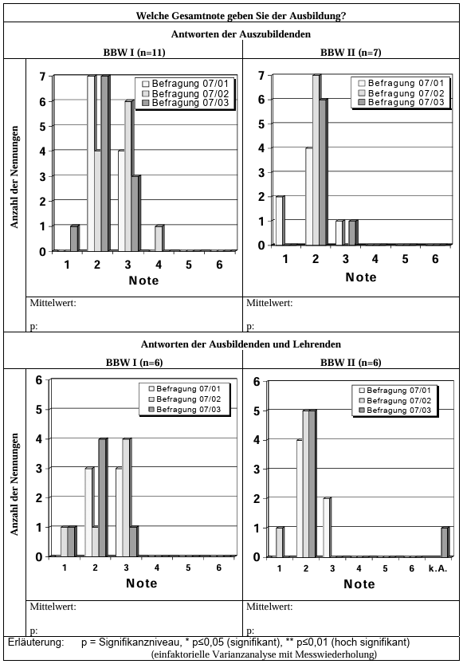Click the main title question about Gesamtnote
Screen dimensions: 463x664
(241, 16)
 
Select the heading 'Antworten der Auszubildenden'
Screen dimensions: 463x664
(241, 33)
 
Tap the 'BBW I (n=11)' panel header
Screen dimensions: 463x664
(134, 52)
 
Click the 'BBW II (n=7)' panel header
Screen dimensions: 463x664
(351, 52)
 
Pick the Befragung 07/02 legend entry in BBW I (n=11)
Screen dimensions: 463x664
(186, 93)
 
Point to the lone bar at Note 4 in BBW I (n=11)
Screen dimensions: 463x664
(159, 238)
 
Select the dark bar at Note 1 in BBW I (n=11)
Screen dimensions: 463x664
(74, 238)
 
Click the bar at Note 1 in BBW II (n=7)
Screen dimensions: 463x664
(280, 221)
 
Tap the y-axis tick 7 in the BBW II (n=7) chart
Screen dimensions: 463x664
(261, 76)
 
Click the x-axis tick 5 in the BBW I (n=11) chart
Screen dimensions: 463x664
(189, 265)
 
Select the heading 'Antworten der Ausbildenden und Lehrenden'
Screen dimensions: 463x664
(241, 344)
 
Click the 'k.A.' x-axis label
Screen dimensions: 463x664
(438, 568)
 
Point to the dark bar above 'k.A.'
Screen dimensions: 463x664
(445, 541)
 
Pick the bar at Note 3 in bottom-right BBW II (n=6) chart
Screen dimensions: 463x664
(327, 527)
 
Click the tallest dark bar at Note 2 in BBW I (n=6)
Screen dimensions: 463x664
(103, 497)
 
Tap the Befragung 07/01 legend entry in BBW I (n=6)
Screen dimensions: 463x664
(184, 389)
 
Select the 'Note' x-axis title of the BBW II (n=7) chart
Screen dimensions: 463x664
(360, 277)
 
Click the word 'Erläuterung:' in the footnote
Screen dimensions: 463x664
(36, 642)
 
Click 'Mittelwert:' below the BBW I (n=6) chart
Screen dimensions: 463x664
(53, 607)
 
